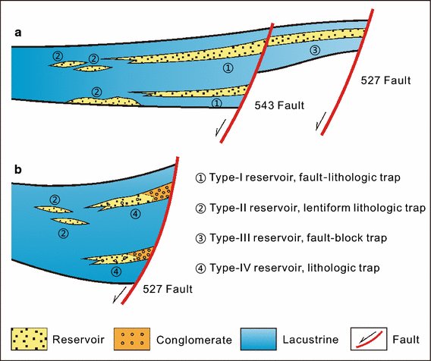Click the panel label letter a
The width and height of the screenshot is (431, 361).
17,33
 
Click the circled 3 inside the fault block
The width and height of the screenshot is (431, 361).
316,50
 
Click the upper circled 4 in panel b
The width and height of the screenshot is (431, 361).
134,215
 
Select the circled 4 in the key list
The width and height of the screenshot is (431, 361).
201,268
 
